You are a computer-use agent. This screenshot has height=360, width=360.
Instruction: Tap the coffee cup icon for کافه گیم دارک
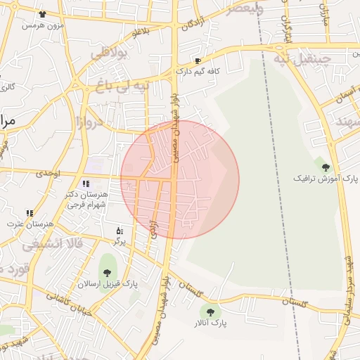point(198,60)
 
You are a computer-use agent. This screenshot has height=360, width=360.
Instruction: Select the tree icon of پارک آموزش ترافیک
point(325,167)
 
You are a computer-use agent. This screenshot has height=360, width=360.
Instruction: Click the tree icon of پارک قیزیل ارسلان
point(107,272)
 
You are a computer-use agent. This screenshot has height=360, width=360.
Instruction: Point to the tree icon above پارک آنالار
point(210,311)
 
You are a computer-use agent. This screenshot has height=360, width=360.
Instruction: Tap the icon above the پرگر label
point(120,230)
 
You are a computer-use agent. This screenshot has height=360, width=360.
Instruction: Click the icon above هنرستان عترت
point(30,212)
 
